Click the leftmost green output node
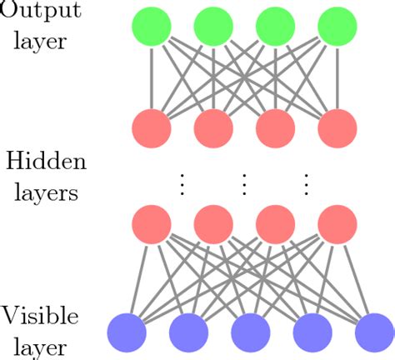pos(152,27)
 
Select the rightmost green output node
pos(337,27)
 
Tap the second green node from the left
pos(214,27)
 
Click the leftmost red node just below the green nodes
pos(152,128)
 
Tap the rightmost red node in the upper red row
pos(337,128)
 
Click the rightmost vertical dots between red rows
pos(307,182)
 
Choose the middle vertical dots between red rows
pos(245,182)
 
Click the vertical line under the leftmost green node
pos(152,77)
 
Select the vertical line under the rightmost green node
pos(337,77)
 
